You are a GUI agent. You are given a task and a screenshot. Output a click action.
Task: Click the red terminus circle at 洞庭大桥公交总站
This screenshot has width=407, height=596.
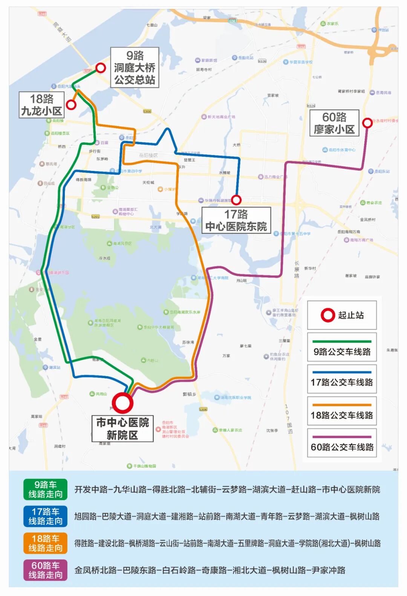[x=101, y=68]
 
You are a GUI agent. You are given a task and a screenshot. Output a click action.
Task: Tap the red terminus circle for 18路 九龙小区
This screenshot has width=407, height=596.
[x=71, y=104]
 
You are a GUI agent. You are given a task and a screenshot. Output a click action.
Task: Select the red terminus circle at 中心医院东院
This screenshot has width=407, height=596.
[x=236, y=200]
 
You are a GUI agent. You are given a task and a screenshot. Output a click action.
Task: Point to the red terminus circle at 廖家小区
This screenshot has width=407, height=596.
[x=367, y=123]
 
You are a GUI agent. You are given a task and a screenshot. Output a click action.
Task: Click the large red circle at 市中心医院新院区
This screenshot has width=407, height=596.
[x=122, y=403]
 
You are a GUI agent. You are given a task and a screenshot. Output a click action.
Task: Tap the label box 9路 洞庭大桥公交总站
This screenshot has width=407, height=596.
[x=135, y=68]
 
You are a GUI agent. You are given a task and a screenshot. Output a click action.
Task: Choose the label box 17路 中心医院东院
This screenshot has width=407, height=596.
[x=236, y=220]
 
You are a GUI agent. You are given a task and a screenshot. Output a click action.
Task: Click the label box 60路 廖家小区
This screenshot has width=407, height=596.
[x=334, y=123]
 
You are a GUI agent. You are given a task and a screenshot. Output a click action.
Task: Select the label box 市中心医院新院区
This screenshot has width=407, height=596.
[x=122, y=428]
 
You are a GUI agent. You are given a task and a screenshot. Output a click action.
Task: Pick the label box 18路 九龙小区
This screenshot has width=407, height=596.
[x=42, y=105]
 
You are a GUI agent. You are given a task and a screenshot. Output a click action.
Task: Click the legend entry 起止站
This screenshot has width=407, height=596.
[x=342, y=315]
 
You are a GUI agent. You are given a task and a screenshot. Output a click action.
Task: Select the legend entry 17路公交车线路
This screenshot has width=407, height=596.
[x=342, y=379]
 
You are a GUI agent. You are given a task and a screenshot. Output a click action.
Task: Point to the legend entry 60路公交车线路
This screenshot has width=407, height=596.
[x=342, y=444]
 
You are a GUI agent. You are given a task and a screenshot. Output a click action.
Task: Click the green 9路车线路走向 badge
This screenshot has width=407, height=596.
[x=45, y=489]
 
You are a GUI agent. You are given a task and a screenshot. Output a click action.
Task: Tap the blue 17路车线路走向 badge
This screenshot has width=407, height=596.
[x=45, y=516]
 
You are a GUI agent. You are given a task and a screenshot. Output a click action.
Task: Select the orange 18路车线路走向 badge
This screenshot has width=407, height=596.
[x=45, y=543]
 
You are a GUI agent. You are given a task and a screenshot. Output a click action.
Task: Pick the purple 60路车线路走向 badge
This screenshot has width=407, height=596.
[x=45, y=570]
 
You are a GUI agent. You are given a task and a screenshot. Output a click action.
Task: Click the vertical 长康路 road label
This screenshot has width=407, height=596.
[x=297, y=269]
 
